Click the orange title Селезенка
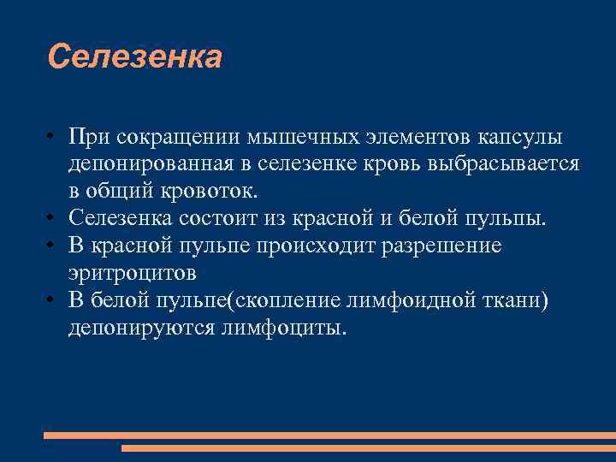pyautogui.click(x=135, y=57)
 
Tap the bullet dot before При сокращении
pyautogui.click(x=52, y=138)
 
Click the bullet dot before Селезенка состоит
pyautogui.click(x=52, y=217)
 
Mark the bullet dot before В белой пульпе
pyautogui.click(x=52, y=300)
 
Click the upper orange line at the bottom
pyautogui.click(x=329, y=435)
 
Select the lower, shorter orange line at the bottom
pyautogui.click(x=368, y=447)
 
